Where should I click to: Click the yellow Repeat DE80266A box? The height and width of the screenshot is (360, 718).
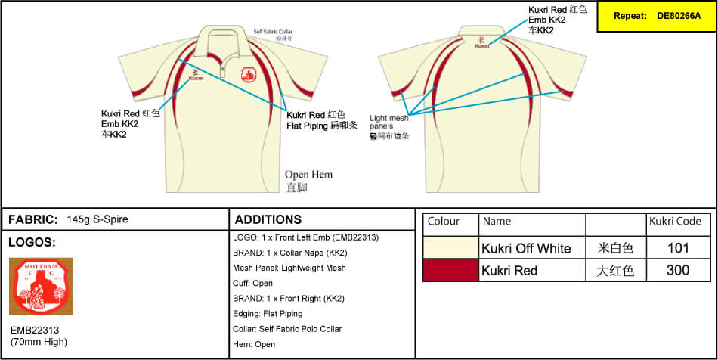tap(655, 15)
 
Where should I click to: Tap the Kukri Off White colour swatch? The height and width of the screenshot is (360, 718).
tap(450, 248)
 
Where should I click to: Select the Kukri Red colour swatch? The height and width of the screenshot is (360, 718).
tap(450, 270)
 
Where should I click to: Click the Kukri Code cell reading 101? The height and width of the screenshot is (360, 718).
tap(678, 248)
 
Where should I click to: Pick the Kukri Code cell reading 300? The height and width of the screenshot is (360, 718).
tap(678, 270)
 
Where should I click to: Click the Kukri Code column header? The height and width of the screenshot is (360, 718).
tap(675, 222)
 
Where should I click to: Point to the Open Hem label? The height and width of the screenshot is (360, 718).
tap(308, 175)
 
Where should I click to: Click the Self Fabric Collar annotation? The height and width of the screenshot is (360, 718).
tap(274, 32)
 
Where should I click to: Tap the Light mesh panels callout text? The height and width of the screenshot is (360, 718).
tap(388, 123)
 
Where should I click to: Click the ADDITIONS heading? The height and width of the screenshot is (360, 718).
tap(268, 219)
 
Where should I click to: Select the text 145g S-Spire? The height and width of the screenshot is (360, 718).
tap(97, 219)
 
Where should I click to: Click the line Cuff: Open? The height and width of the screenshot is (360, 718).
tap(253, 283)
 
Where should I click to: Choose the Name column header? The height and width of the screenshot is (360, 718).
tap(497, 222)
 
